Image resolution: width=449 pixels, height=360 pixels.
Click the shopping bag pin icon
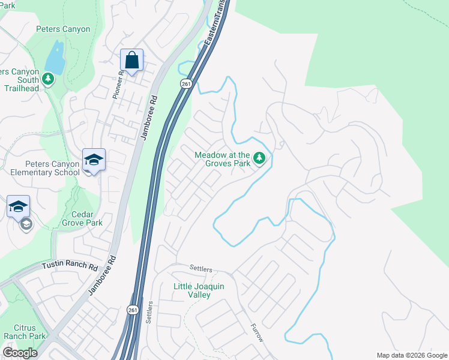[x=131, y=61]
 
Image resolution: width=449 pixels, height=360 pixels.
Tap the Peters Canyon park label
[x=63, y=29]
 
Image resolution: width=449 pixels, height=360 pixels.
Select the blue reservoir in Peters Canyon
[x=54, y=57]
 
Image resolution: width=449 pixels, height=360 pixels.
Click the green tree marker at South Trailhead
[x=47, y=79]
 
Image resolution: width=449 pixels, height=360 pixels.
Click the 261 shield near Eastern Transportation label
[x=186, y=84]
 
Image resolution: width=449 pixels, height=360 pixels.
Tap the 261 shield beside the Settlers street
[x=133, y=310]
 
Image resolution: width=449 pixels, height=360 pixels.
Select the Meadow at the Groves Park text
[x=221, y=159]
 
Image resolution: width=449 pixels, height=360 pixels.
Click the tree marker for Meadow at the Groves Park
[x=259, y=158]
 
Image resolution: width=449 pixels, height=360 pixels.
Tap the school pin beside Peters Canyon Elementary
[x=94, y=160]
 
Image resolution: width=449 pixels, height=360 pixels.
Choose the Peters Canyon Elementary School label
[x=52, y=168]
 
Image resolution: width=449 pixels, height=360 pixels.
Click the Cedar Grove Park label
[x=82, y=218]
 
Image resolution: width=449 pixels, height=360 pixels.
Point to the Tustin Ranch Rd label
[x=70, y=265]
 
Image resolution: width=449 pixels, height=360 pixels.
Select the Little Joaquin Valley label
[x=199, y=290]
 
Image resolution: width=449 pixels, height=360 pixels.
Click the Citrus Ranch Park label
[x=24, y=332]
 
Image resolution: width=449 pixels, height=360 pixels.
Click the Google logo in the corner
[x=20, y=353]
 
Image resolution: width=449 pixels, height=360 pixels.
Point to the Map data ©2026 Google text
[x=411, y=355]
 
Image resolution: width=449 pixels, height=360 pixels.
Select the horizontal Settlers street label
[x=201, y=269]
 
